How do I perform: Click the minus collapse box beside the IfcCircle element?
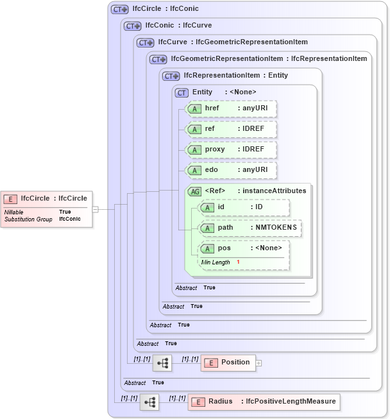pos(95,209)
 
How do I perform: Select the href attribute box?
pos(230,108)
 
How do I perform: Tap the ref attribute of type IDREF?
pos(230,129)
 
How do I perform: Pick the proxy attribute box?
pos(230,150)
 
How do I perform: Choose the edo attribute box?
pos(230,170)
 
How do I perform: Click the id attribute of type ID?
pos(244,207)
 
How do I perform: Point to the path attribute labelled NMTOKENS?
pos(250,228)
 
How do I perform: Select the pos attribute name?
pos(225,248)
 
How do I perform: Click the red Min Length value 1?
pos(238,262)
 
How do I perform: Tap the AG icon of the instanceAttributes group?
pos(194,191)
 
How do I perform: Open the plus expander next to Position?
pos(259,363)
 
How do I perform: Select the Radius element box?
pos(263,402)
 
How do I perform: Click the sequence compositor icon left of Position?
pos(162,363)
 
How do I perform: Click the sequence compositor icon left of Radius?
pos(149,402)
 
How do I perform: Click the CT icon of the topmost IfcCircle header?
pos(119,10)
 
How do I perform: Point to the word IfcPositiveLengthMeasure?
pos(291,402)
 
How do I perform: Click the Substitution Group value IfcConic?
pos(70,219)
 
